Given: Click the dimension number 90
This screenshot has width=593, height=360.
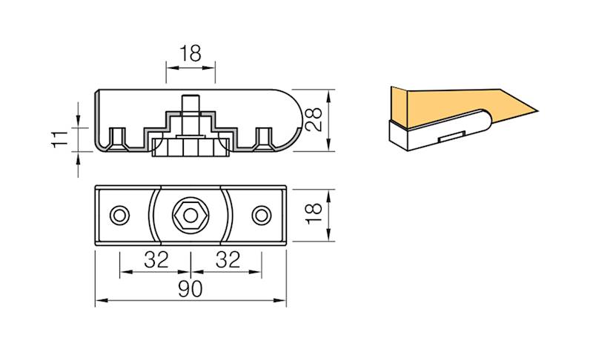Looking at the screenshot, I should pyautogui.click(x=191, y=290).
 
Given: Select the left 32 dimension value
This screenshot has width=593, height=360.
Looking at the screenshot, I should pyautogui.click(x=156, y=259).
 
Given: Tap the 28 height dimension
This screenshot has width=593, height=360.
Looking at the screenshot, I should pyautogui.click(x=315, y=120).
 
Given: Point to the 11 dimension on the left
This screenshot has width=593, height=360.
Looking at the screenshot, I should pyautogui.click(x=60, y=139).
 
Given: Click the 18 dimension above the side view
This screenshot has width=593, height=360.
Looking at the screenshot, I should pyautogui.click(x=190, y=54).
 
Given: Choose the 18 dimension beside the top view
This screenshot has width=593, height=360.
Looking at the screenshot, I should pyautogui.click(x=315, y=214).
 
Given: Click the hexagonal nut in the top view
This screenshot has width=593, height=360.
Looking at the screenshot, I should pyautogui.click(x=190, y=215).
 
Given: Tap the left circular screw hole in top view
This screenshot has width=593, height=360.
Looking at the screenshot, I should pyautogui.click(x=119, y=215).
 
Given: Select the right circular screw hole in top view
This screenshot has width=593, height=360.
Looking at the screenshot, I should pyautogui.click(x=261, y=215).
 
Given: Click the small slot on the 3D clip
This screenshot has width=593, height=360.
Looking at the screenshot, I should pyautogui.click(x=449, y=136).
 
